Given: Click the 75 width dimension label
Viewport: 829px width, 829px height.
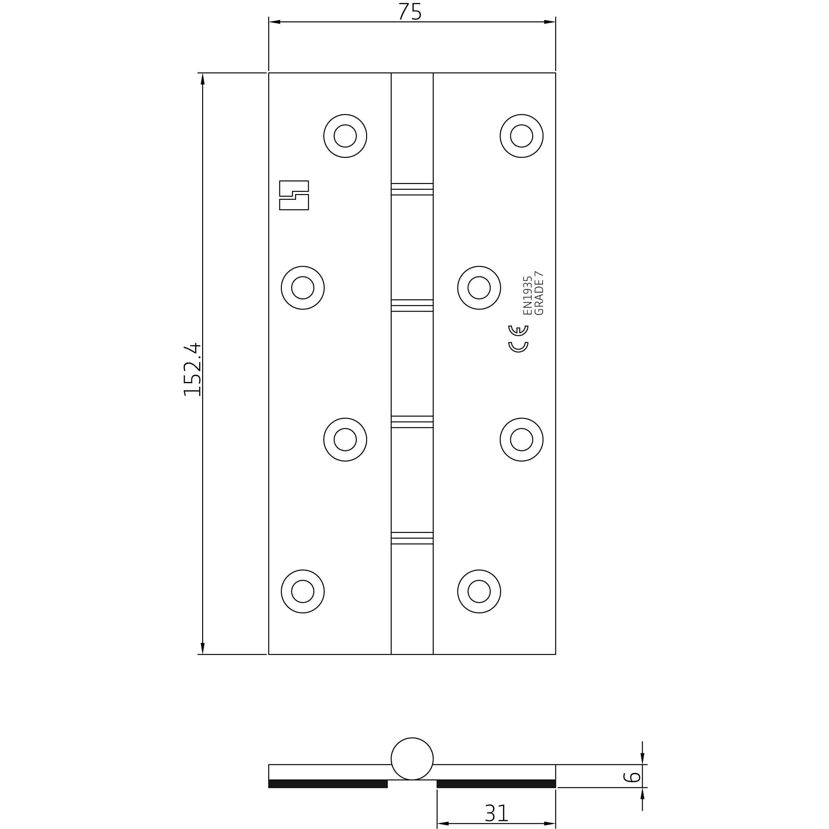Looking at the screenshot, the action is coord(410,12).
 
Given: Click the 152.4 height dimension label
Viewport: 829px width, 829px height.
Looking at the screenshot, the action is coord(192,369).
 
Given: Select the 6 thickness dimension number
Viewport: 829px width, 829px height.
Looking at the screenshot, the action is coord(631,777).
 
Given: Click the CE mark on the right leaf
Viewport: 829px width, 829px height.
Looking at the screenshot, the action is coord(518,339).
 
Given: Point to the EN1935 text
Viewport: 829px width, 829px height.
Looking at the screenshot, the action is coord(527,296).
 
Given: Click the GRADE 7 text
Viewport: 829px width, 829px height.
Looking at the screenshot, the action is coord(539,293).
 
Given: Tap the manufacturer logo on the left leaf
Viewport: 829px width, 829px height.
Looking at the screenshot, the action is coord(294,195).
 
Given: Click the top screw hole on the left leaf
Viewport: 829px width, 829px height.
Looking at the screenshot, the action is coord(345,136).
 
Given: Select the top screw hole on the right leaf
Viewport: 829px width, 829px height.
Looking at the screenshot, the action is coord(521,136).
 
